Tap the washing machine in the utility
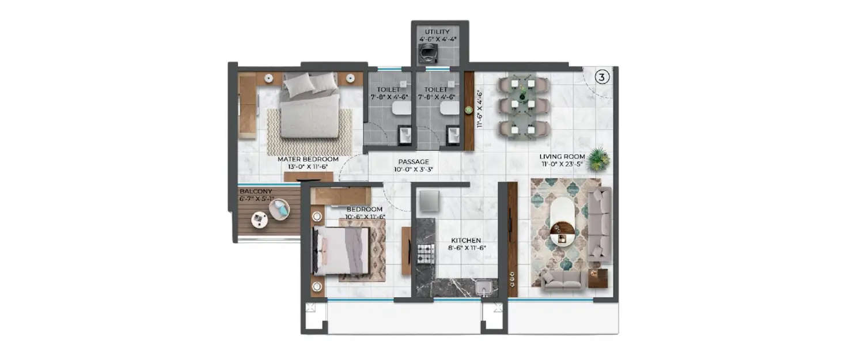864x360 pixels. point(427,53)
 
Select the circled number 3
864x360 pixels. point(601,77)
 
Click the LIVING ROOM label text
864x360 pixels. point(562,157)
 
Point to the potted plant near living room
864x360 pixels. point(598,159)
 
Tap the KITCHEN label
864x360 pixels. point(467,240)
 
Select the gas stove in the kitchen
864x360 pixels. point(425,253)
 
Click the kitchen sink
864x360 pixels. point(483,287)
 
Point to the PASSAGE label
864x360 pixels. point(414,162)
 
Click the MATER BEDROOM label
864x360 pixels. point(308,159)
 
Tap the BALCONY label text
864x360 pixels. point(256,191)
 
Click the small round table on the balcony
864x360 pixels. point(259,219)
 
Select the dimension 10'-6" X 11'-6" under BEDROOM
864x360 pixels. point(365,217)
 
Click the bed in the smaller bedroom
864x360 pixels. point(340,251)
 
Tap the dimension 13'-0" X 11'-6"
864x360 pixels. point(308,167)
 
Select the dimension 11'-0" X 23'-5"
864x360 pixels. point(562,165)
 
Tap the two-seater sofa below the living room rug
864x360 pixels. point(563,280)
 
